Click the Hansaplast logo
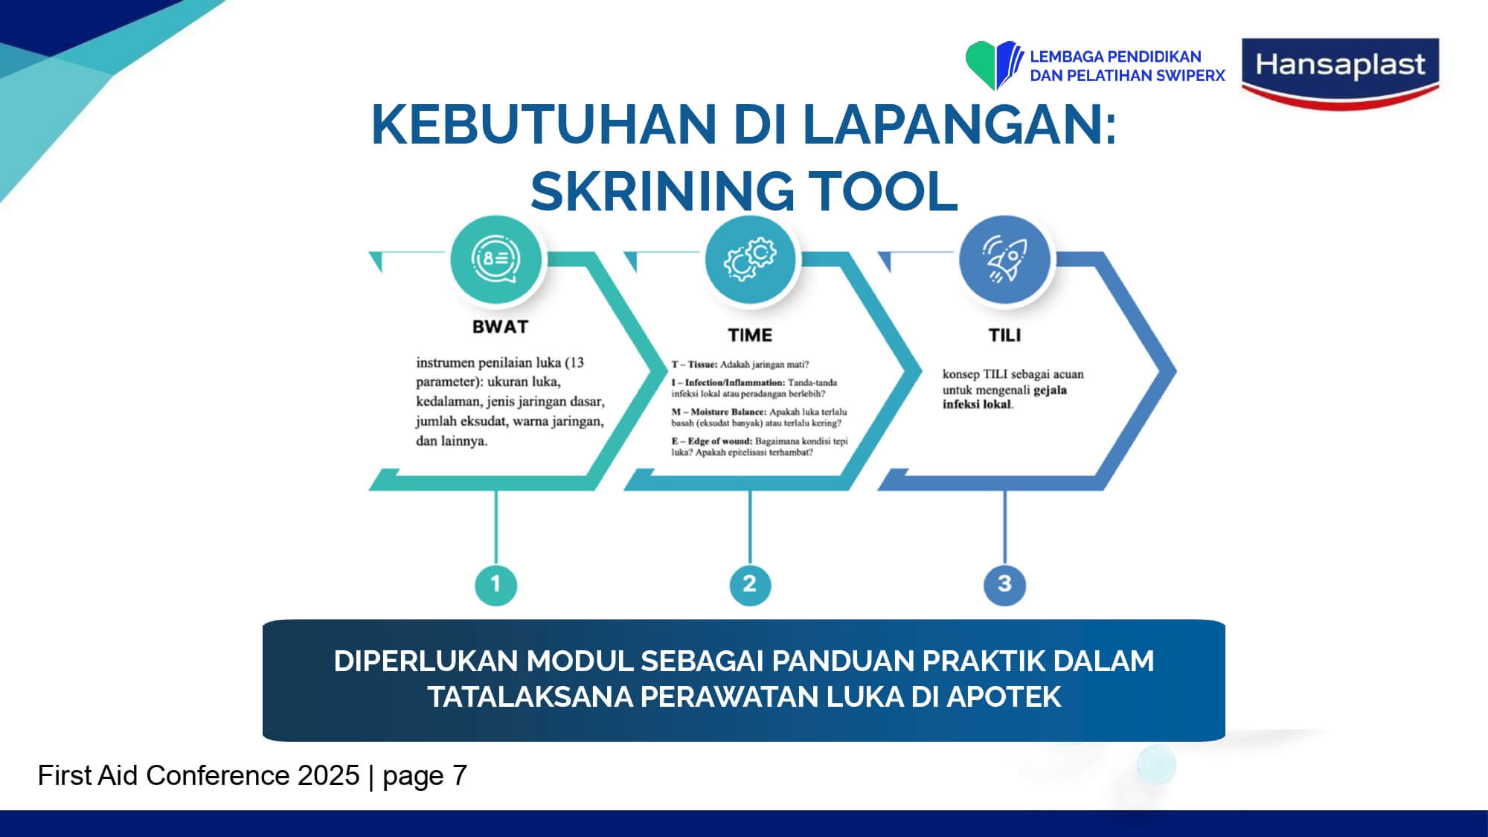pos(1340,73)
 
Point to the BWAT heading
pos(500,327)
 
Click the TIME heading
pos(750,336)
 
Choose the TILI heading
pos(1004,336)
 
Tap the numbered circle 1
pos(496,584)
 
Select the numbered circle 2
pos(750,584)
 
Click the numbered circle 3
pos(1004,584)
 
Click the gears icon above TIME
pos(750,259)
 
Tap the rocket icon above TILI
pos(1004,259)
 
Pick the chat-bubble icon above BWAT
pos(496,259)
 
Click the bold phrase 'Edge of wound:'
pos(720,441)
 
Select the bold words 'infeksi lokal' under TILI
pos(977,405)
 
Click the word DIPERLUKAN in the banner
pos(426,661)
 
